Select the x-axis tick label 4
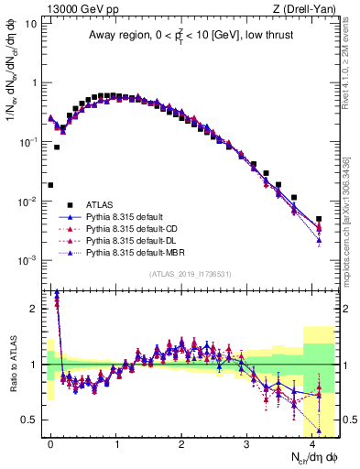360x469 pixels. pos(311,442)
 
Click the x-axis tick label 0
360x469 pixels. pos(50,442)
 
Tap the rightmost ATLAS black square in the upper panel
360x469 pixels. pos(319,219)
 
